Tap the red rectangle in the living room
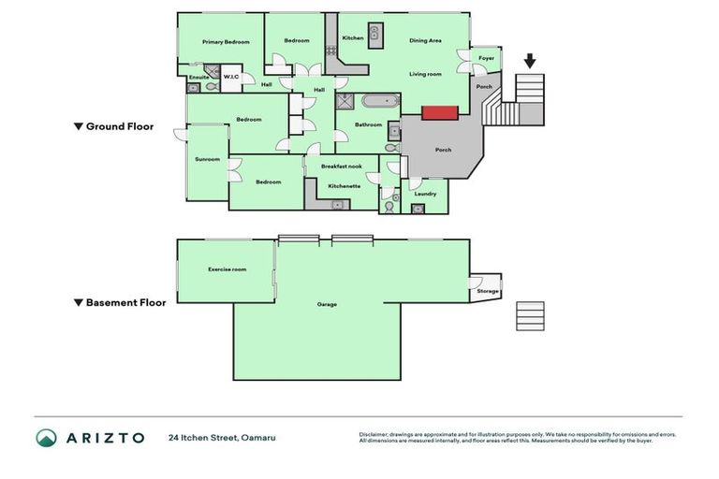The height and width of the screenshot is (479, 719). [x=440, y=113]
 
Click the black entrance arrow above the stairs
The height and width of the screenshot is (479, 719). [x=530, y=62]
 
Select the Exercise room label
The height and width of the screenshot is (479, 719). [x=227, y=269]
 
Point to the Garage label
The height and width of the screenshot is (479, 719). [x=327, y=304]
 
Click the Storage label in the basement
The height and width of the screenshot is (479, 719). [x=488, y=291]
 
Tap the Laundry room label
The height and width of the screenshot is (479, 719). [x=425, y=194]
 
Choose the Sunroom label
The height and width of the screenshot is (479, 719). [x=207, y=159]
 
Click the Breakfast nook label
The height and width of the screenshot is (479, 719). [x=342, y=166]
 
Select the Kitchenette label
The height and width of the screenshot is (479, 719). [x=344, y=185]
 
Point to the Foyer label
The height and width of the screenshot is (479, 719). [x=486, y=58]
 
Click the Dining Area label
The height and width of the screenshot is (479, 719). [x=425, y=40]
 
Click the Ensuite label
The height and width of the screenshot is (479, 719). [x=198, y=77]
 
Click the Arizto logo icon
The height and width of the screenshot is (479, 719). [x=46, y=438]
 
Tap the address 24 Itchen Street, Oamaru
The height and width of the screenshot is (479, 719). [x=222, y=438]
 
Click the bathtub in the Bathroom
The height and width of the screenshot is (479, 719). [x=380, y=101]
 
